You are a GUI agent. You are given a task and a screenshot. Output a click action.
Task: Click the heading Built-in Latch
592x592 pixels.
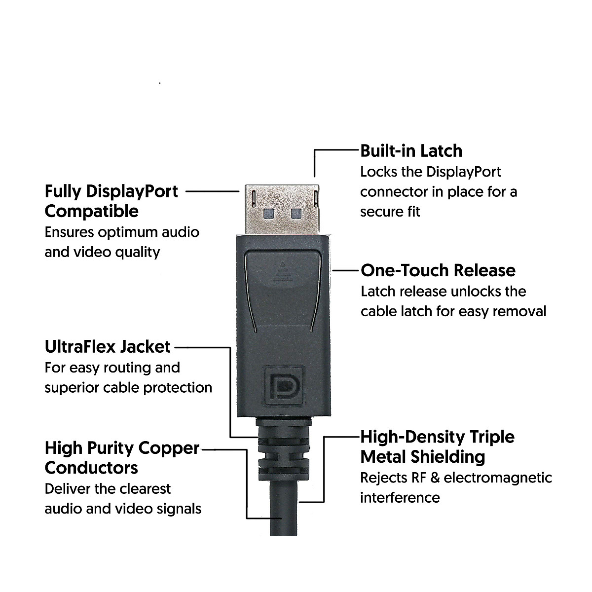tap(411, 151)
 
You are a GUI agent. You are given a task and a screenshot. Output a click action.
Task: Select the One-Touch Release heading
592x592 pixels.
tap(438, 270)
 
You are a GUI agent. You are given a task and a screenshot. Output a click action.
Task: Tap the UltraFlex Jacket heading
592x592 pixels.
tap(108, 347)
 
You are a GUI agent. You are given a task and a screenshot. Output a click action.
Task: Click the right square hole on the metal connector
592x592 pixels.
tap(296, 213)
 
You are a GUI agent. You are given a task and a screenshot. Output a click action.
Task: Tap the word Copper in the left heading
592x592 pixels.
tap(169, 448)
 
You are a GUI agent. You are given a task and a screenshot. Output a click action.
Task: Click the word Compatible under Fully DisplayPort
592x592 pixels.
tap(92, 212)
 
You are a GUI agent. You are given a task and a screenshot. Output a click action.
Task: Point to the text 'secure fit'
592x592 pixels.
tap(390, 212)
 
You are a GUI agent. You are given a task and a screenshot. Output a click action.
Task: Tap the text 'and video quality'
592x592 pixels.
tap(102, 252)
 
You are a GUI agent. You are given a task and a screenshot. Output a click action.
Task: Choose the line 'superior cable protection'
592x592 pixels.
tap(128, 387)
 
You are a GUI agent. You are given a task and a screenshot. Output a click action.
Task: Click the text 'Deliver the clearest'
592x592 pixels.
tap(108, 489)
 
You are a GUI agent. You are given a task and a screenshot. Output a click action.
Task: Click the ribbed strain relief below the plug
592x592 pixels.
tap(283, 446)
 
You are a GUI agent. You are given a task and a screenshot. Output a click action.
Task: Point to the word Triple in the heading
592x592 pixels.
tap(491, 437)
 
